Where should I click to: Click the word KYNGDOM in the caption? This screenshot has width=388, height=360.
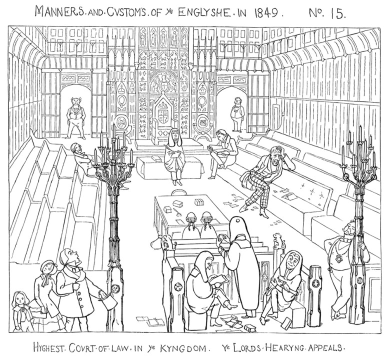click(184, 348)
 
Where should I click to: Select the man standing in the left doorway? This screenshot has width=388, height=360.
click(75, 118)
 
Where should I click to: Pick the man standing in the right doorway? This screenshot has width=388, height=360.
click(237, 114)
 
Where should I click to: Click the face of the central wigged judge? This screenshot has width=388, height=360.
click(174, 135)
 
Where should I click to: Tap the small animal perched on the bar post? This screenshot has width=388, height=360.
click(277, 240)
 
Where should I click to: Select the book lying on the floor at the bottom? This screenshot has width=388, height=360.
click(249, 327)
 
